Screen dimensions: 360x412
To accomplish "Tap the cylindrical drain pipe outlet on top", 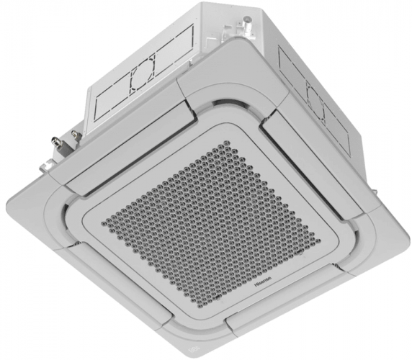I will click(248, 21).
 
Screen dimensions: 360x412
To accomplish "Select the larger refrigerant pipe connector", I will click(74, 135).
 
